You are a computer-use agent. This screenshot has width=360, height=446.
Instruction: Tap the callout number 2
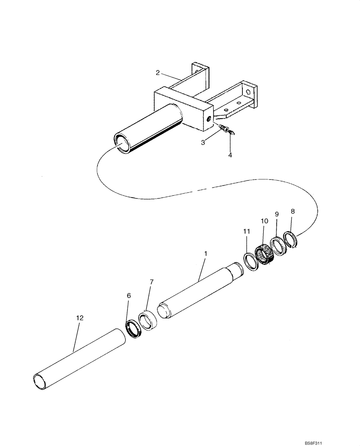pos(158,73)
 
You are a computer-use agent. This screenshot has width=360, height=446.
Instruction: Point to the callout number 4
pos(230,155)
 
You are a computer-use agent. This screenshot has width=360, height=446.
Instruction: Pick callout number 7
pos(151,282)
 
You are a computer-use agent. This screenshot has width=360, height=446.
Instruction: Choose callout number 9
pos(277,215)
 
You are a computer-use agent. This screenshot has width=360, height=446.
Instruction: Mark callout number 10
pos(264,221)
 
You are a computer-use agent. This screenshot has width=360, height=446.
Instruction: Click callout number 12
pos(79,318)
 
